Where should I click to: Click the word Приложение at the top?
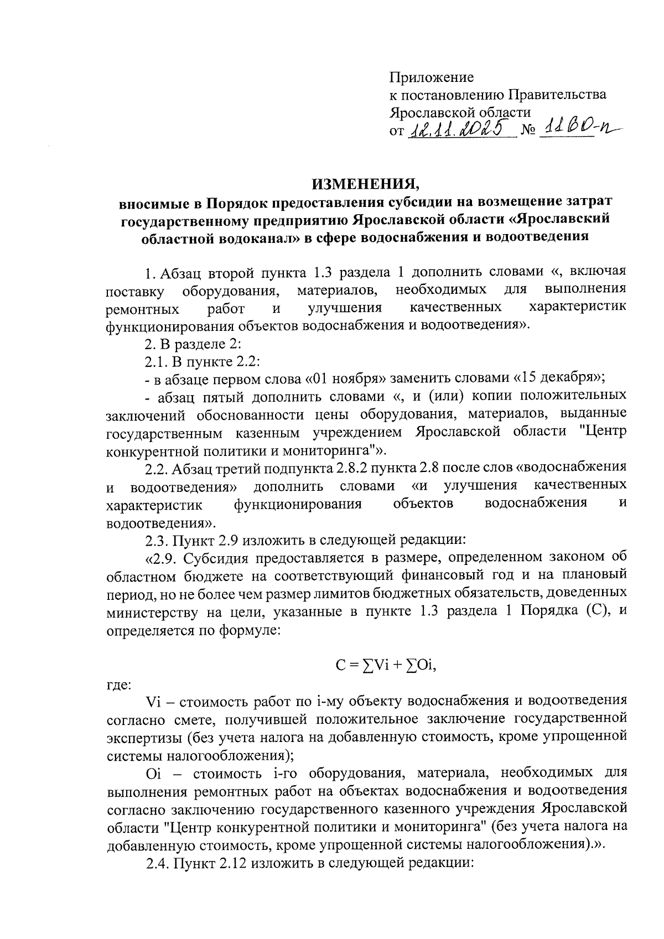pos(431,77)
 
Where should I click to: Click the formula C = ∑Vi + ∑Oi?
pos(386,666)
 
